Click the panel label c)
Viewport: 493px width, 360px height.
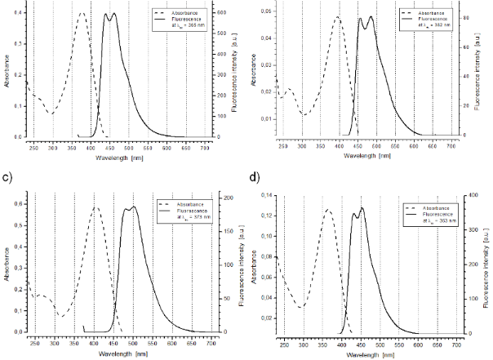(7, 176)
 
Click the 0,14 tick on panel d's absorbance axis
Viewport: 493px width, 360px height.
(265, 197)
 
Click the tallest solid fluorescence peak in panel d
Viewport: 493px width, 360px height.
(362, 208)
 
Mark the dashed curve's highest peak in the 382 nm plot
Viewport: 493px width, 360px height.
(337, 17)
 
